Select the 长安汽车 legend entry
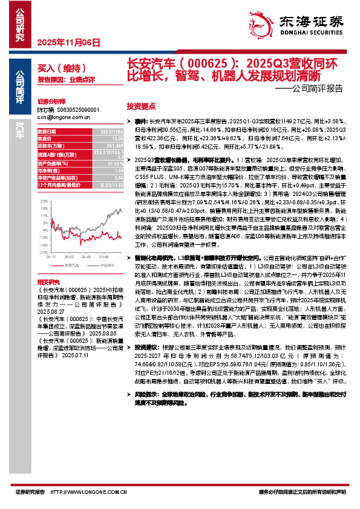tap(70, 265)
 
